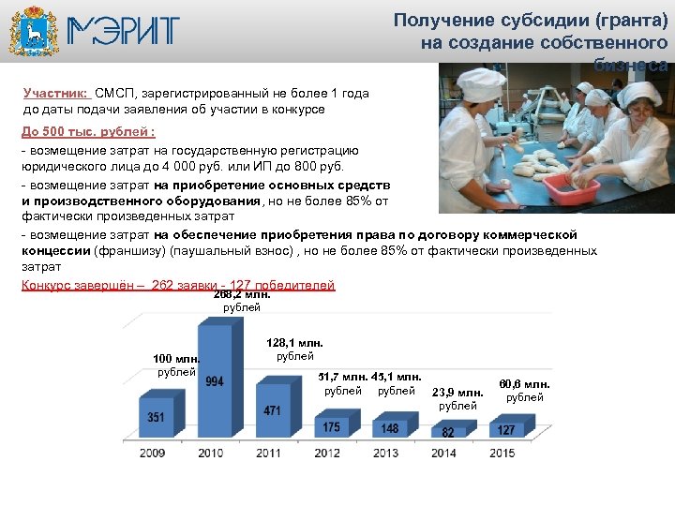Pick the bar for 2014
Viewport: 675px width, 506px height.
pos(448,432)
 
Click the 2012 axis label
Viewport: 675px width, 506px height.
pos(328,454)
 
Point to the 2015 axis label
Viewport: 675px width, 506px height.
pos(502,454)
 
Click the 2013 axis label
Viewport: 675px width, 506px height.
pos(385,454)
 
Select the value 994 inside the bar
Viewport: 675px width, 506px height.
pos(214,381)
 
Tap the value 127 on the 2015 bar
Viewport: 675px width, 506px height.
pos(505,430)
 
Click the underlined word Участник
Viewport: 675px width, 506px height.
pos(56,94)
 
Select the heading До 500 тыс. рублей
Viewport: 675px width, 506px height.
pos(88,130)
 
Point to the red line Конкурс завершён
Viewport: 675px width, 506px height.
pos(176,285)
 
